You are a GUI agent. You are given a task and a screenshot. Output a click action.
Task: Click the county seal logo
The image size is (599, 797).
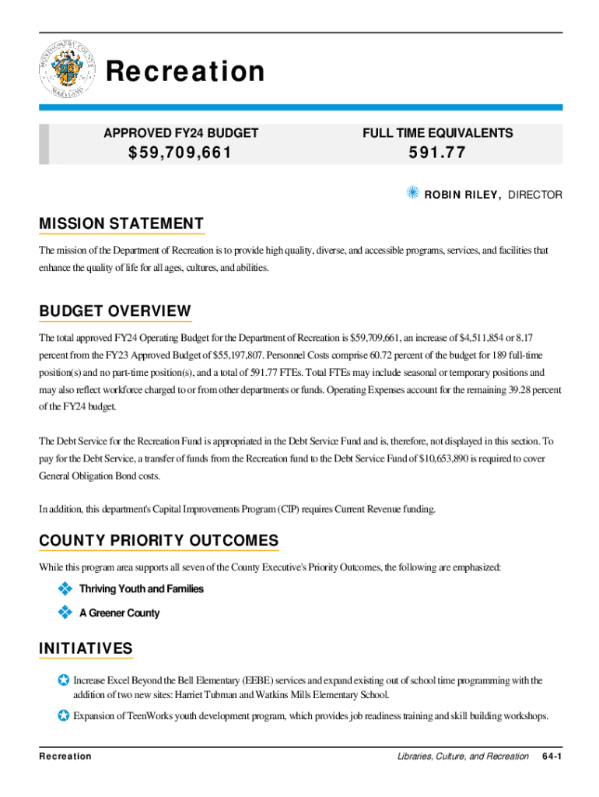pyautogui.click(x=66, y=72)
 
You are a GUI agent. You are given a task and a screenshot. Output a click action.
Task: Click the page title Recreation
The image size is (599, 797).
pyautogui.click(x=185, y=72)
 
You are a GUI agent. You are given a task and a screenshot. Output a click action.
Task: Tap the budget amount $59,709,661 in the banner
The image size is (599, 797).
pyautogui.click(x=180, y=153)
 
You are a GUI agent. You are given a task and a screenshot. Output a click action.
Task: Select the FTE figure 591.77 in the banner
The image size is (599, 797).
pyautogui.click(x=437, y=153)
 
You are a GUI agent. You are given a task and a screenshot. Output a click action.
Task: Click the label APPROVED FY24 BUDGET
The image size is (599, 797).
pyautogui.click(x=180, y=133)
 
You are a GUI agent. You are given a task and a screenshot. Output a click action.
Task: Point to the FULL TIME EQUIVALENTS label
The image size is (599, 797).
pyautogui.click(x=437, y=133)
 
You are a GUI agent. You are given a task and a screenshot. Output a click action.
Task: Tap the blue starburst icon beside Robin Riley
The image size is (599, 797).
pyautogui.click(x=413, y=192)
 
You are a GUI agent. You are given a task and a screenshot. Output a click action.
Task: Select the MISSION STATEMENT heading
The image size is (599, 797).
pyautogui.click(x=121, y=225)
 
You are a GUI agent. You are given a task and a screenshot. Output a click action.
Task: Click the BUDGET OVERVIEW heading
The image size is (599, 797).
pyautogui.click(x=114, y=312)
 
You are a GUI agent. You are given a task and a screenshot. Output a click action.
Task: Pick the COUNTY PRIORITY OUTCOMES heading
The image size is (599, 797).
pyautogui.click(x=159, y=541)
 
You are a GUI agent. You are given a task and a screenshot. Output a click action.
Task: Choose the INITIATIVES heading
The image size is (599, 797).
pyautogui.click(x=86, y=648)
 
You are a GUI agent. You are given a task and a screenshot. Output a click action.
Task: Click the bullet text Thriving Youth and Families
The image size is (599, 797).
pyautogui.click(x=141, y=589)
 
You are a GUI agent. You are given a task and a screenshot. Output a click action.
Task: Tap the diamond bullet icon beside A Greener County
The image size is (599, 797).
pyautogui.click(x=65, y=613)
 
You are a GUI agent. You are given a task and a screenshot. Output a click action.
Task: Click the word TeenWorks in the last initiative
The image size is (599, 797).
pyautogui.click(x=156, y=716)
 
